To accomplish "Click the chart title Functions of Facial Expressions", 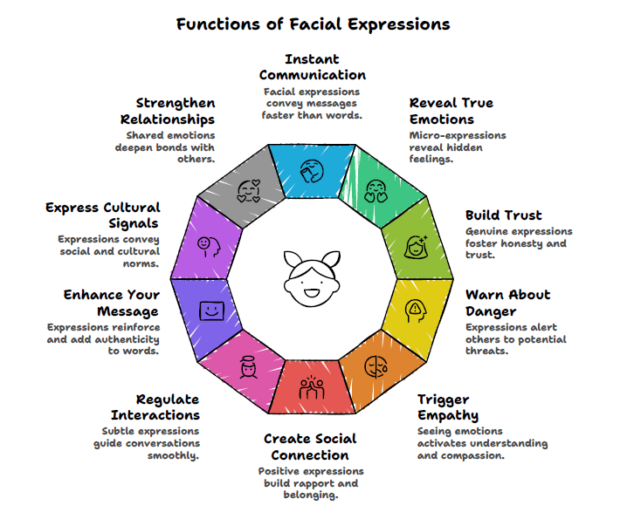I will pyautogui.click(x=313, y=24).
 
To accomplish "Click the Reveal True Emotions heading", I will pyautogui.click(x=451, y=111).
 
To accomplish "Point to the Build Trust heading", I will pyautogui.click(x=503, y=215).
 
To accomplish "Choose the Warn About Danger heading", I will pyautogui.click(x=507, y=303).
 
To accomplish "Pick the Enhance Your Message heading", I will pyautogui.click(x=111, y=303).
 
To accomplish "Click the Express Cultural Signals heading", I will pyautogui.click(x=103, y=215).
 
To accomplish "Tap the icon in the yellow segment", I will pyautogui.click(x=416, y=309).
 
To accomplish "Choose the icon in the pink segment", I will pyautogui.click(x=247, y=367).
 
